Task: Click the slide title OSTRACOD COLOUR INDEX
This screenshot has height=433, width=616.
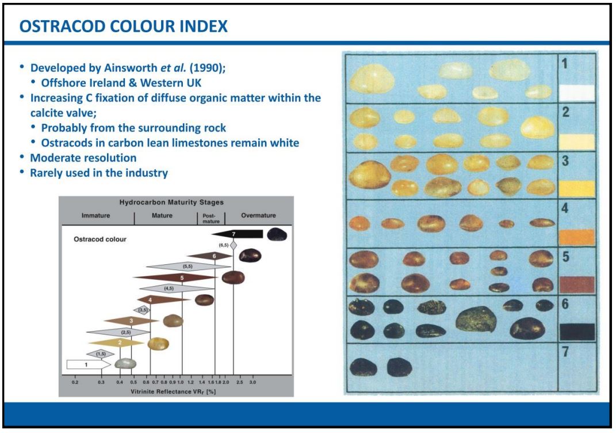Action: tap(123, 26)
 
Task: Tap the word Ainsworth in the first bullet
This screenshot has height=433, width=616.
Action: tap(131, 67)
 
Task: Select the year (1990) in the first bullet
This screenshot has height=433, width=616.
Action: tap(208, 67)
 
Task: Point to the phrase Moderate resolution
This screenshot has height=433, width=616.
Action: tap(83, 158)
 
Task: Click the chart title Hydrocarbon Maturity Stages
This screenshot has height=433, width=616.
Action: tap(171, 202)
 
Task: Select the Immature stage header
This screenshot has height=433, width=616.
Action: tap(95, 215)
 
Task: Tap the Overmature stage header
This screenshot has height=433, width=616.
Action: tap(258, 215)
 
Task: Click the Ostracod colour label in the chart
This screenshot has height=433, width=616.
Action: tap(100, 239)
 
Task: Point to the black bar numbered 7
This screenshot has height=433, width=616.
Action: tap(238, 234)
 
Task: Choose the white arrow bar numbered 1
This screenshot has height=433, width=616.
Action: tap(89, 364)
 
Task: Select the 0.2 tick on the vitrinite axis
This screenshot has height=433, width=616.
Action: tap(75, 382)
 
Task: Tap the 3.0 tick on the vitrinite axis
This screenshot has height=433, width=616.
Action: tap(252, 382)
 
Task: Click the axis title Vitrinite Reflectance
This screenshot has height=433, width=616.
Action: tap(173, 392)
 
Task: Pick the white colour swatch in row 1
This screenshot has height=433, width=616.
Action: tap(576, 93)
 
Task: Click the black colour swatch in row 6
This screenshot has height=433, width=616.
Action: tap(577, 332)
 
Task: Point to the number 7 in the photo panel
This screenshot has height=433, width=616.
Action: tap(565, 351)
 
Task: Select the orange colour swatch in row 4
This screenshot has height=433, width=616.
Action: tap(577, 237)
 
